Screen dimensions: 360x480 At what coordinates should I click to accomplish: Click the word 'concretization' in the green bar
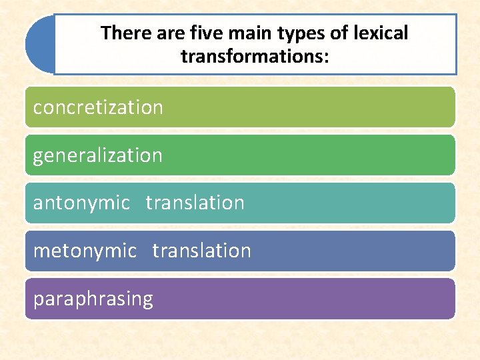click(x=98, y=107)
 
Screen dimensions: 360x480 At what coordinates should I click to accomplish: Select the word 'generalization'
click(x=98, y=155)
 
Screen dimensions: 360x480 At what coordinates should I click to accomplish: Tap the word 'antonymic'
click(x=81, y=203)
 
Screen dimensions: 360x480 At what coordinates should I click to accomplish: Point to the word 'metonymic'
click(x=85, y=251)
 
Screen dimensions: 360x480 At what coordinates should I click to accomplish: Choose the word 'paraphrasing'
click(x=93, y=299)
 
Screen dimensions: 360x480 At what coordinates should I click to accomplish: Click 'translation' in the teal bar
click(x=195, y=203)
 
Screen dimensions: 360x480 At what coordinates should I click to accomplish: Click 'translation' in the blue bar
click(x=201, y=251)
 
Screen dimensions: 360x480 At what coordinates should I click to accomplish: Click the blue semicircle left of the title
click(x=39, y=45)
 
